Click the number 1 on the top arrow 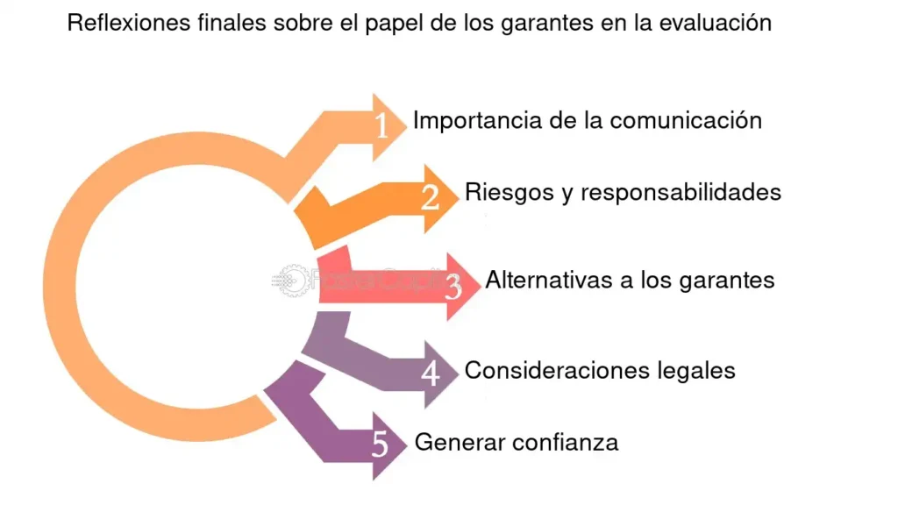[381, 127]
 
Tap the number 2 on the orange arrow [430, 198]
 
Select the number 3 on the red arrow [453, 287]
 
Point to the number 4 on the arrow [430, 374]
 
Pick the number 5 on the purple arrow [380, 445]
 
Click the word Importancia [476, 120]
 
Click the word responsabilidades [681, 191]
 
